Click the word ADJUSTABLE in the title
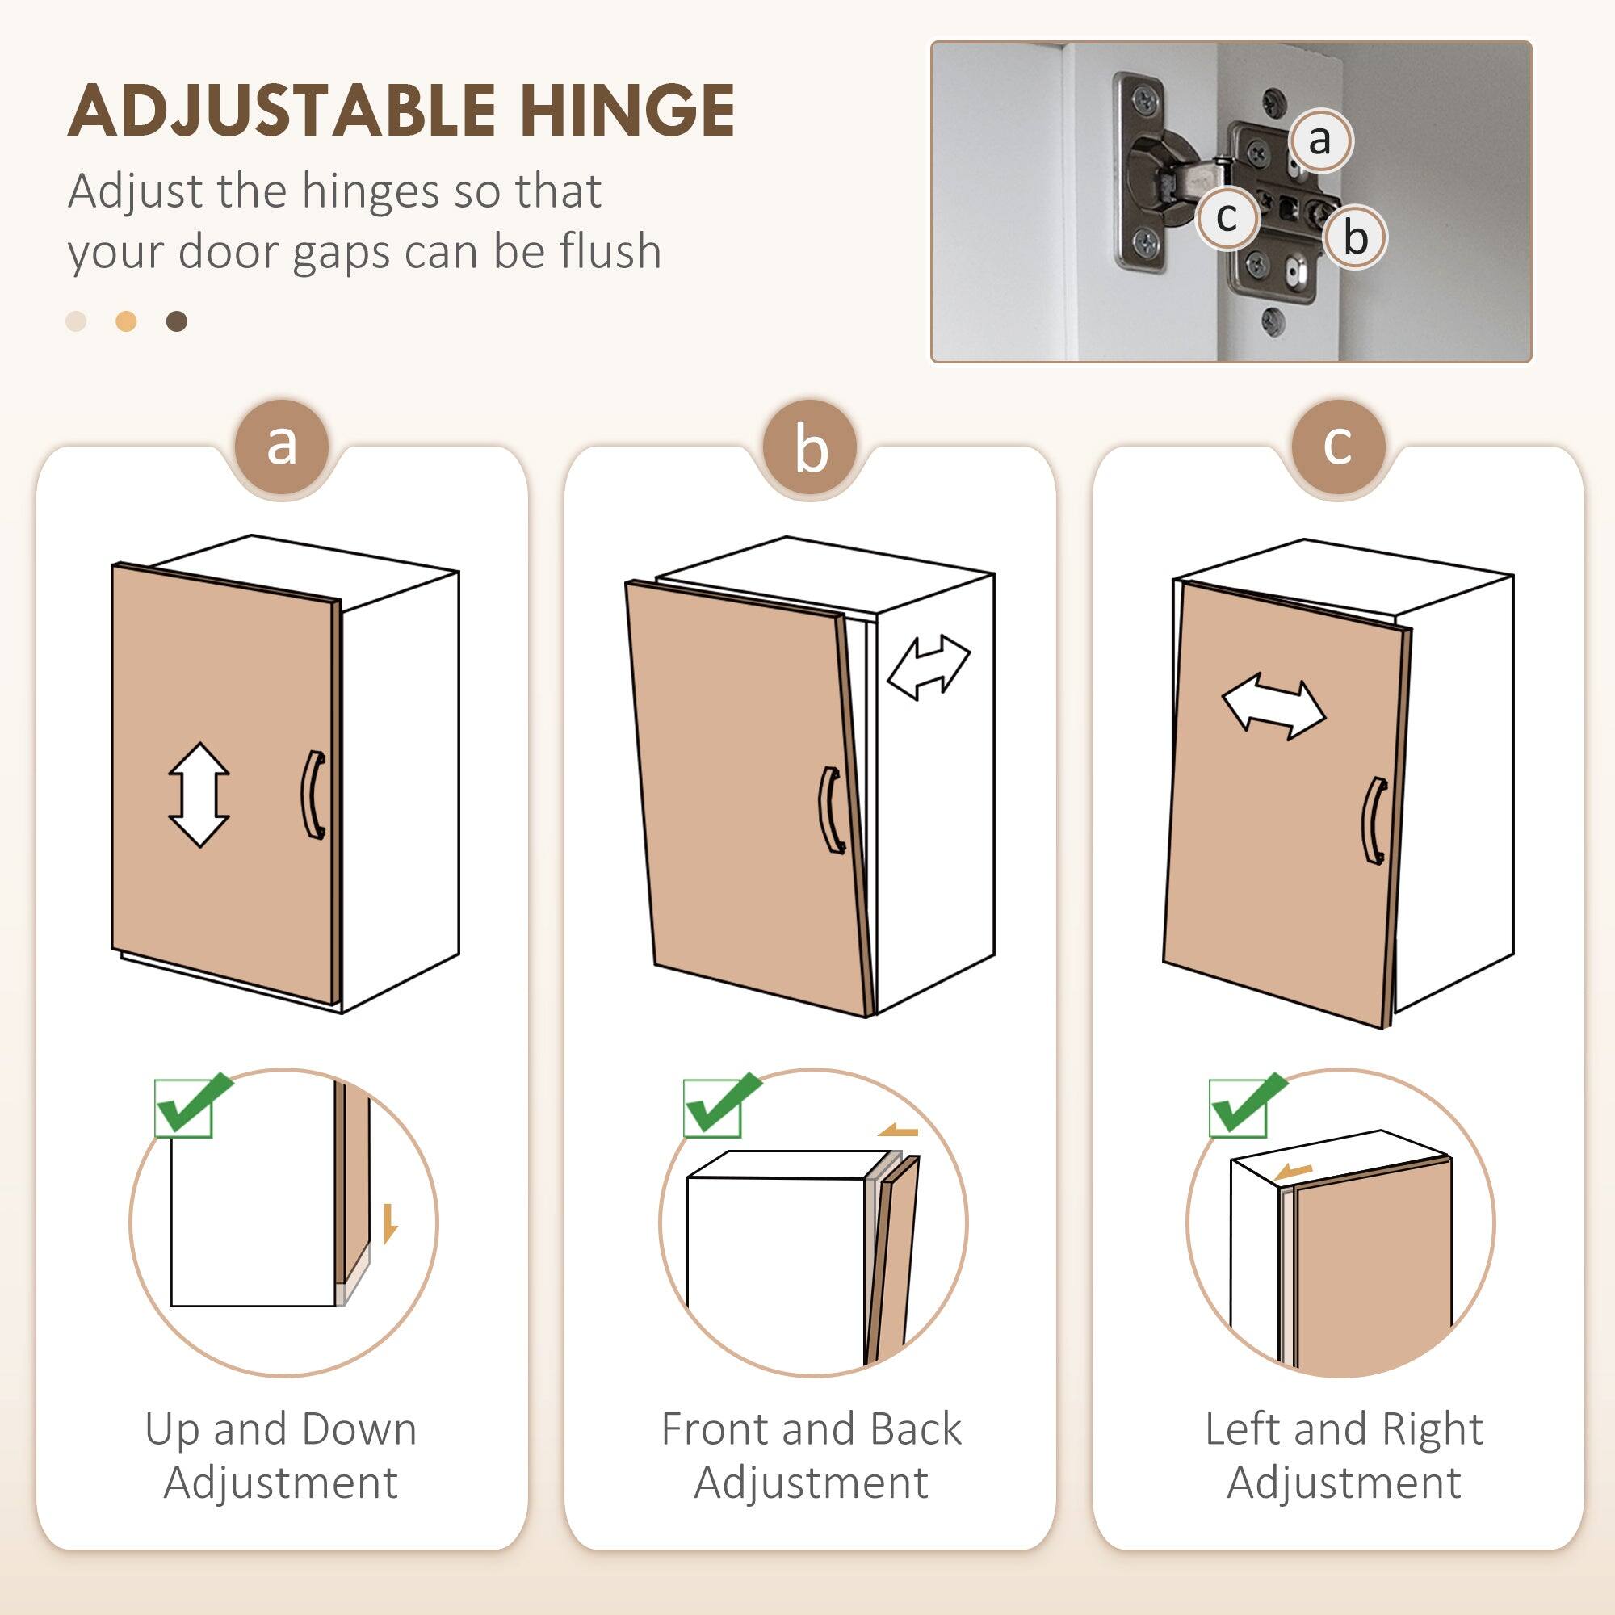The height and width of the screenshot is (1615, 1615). [x=283, y=111]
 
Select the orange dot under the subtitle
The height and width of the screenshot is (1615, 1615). [x=126, y=321]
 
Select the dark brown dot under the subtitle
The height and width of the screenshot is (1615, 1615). [x=176, y=321]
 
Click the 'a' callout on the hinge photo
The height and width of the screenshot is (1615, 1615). [x=1319, y=141]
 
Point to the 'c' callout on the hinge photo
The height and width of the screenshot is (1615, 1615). [x=1227, y=218]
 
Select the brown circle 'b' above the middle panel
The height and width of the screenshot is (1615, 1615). [x=810, y=448]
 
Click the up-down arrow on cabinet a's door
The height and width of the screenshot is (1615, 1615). [x=199, y=795]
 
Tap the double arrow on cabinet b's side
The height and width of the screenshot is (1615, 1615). [x=928, y=666]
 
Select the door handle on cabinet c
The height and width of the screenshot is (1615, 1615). [x=1374, y=820]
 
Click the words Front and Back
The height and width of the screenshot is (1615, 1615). [x=810, y=1428]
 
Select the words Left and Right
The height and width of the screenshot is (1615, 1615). [x=1344, y=1428]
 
